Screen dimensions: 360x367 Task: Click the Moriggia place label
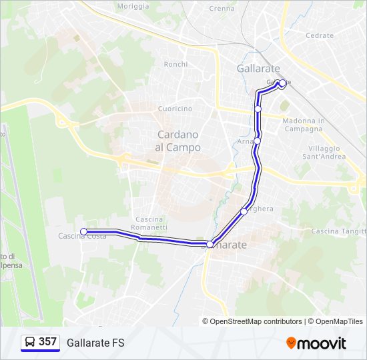click(133, 6)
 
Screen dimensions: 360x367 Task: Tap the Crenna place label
click(222, 9)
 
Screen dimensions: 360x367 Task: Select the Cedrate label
click(319, 35)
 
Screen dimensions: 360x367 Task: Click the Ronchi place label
click(175, 64)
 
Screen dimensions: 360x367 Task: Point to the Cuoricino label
click(175, 109)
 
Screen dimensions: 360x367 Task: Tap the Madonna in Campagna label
click(304, 125)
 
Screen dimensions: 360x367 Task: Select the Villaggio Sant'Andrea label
click(324, 152)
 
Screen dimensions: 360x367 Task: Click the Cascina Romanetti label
click(151, 223)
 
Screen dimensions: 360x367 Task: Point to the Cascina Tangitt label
click(338, 231)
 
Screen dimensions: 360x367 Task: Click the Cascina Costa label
click(82, 236)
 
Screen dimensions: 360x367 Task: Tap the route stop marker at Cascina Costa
click(84, 231)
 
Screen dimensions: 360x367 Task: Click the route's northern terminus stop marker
click(282, 83)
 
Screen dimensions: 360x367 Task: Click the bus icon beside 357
click(30, 343)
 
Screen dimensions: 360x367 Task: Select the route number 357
click(47, 342)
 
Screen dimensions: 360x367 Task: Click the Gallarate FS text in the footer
click(95, 343)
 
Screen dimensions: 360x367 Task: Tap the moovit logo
click(316, 343)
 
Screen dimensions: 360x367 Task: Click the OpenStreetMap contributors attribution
click(256, 321)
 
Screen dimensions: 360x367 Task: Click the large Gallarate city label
click(258, 69)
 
